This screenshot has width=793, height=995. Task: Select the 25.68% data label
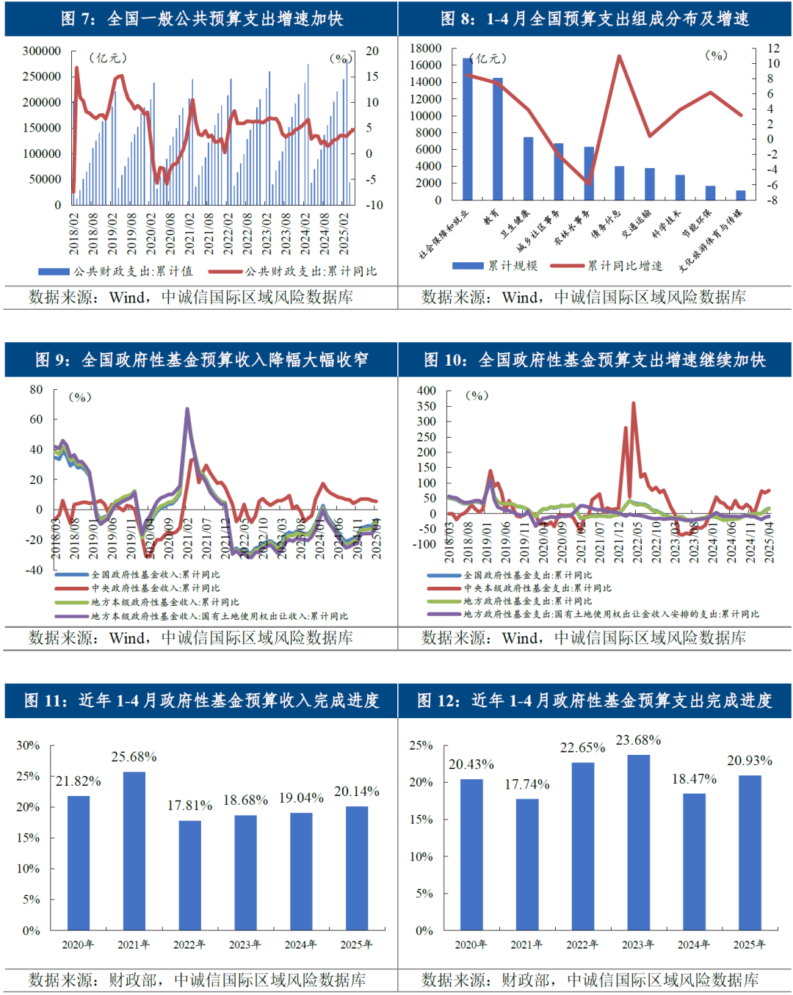[x=134, y=756]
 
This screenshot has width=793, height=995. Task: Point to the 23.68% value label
[x=638, y=740]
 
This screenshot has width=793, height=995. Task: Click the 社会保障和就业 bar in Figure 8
[x=467, y=129]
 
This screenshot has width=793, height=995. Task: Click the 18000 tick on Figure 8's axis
[x=425, y=48]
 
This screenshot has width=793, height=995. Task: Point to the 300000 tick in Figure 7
[x=42, y=51]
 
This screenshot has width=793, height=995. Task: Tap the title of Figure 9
[x=201, y=360]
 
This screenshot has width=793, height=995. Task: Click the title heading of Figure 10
[x=594, y=360]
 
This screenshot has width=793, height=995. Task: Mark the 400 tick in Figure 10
[x=427, y=391]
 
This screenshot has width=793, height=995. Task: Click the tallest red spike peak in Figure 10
[x=634, y=403]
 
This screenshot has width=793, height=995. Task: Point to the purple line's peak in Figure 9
[x=187, y=410]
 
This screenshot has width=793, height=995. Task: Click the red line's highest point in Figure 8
[x=620, y=56]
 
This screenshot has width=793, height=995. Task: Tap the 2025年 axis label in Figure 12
[x=749, y=944]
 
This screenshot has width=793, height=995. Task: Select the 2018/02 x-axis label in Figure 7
[x=74, y=234]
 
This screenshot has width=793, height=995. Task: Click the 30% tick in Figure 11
[x=28, y=745]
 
